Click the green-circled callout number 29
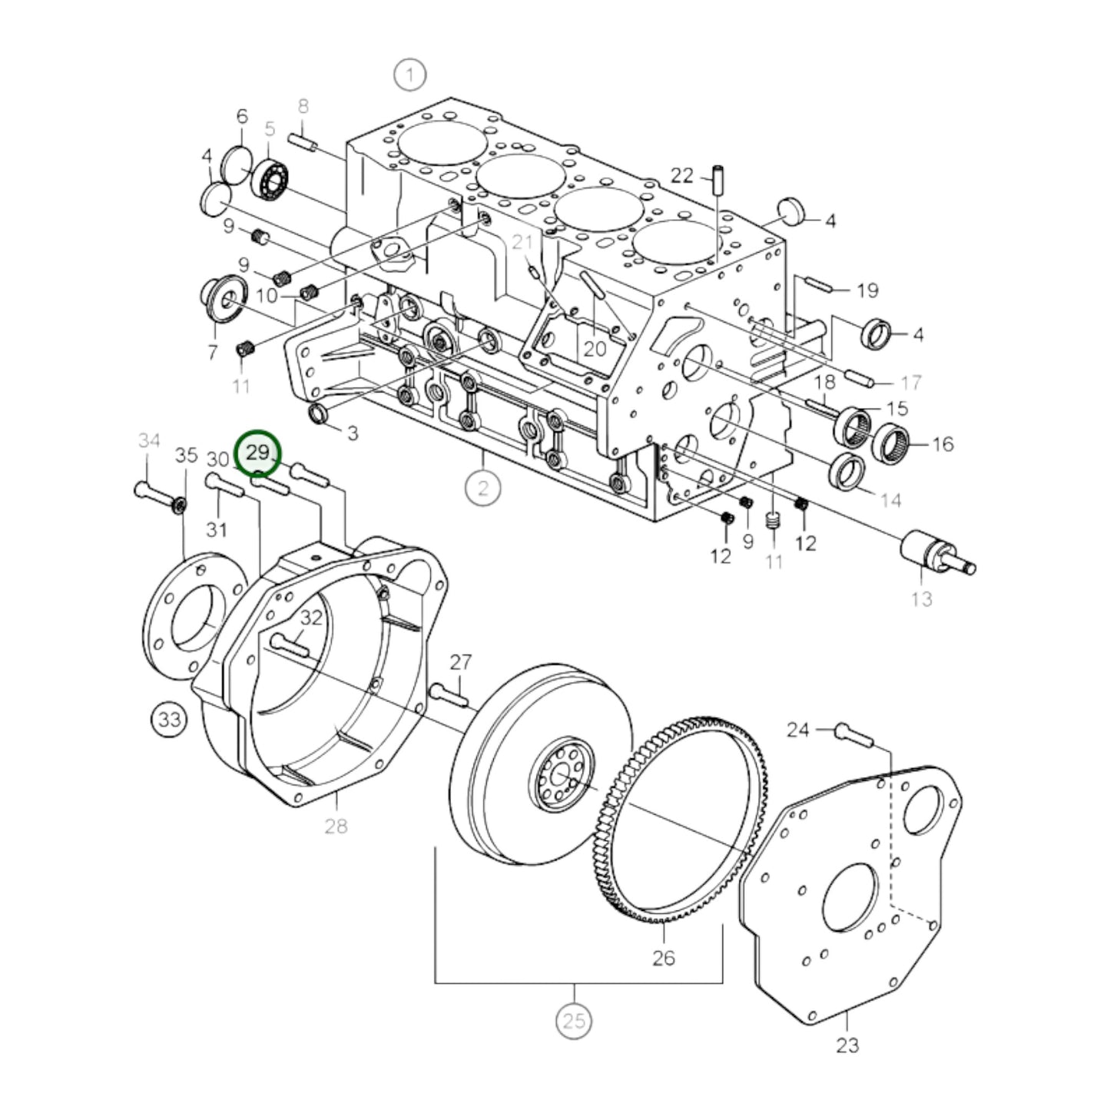[259, 453]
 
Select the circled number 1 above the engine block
[409, 75]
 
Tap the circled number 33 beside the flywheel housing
[169, 720]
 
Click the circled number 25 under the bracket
[574, 1021]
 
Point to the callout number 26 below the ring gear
[663, 957]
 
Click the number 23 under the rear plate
[847, 1045]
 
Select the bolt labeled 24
[853, 735]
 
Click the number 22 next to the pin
[681, 176]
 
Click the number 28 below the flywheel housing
[336, 826]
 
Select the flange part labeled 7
[224, 300]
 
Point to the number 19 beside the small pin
[866, 290]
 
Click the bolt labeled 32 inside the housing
[289, 644]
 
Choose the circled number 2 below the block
[482, 488]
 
